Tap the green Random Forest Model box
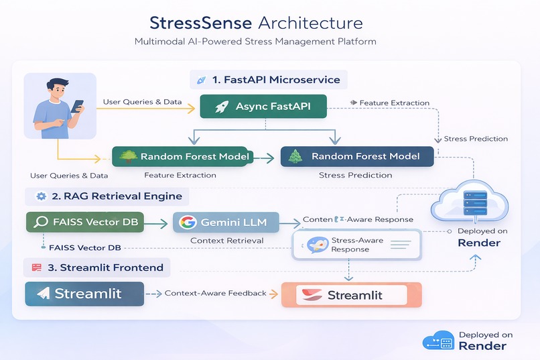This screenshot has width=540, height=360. tap(181, 157)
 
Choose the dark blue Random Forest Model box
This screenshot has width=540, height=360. tap(356, 157)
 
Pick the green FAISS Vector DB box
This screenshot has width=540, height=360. tap(85, 222)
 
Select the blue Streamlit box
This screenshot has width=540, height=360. tap(84, 294)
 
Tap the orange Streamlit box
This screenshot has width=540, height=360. tap(351, 295)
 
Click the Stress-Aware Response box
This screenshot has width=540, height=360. tap(356, 245)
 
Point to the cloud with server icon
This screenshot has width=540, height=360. tap(473, 201)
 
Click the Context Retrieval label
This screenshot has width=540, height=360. tap(227, 240)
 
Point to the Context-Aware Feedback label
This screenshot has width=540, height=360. tap(215, 294)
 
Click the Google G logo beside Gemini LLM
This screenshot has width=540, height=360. tap(187, 222)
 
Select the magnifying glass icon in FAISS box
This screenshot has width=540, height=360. tap(40, 222)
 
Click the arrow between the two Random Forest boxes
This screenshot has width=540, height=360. tap(265, 158)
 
